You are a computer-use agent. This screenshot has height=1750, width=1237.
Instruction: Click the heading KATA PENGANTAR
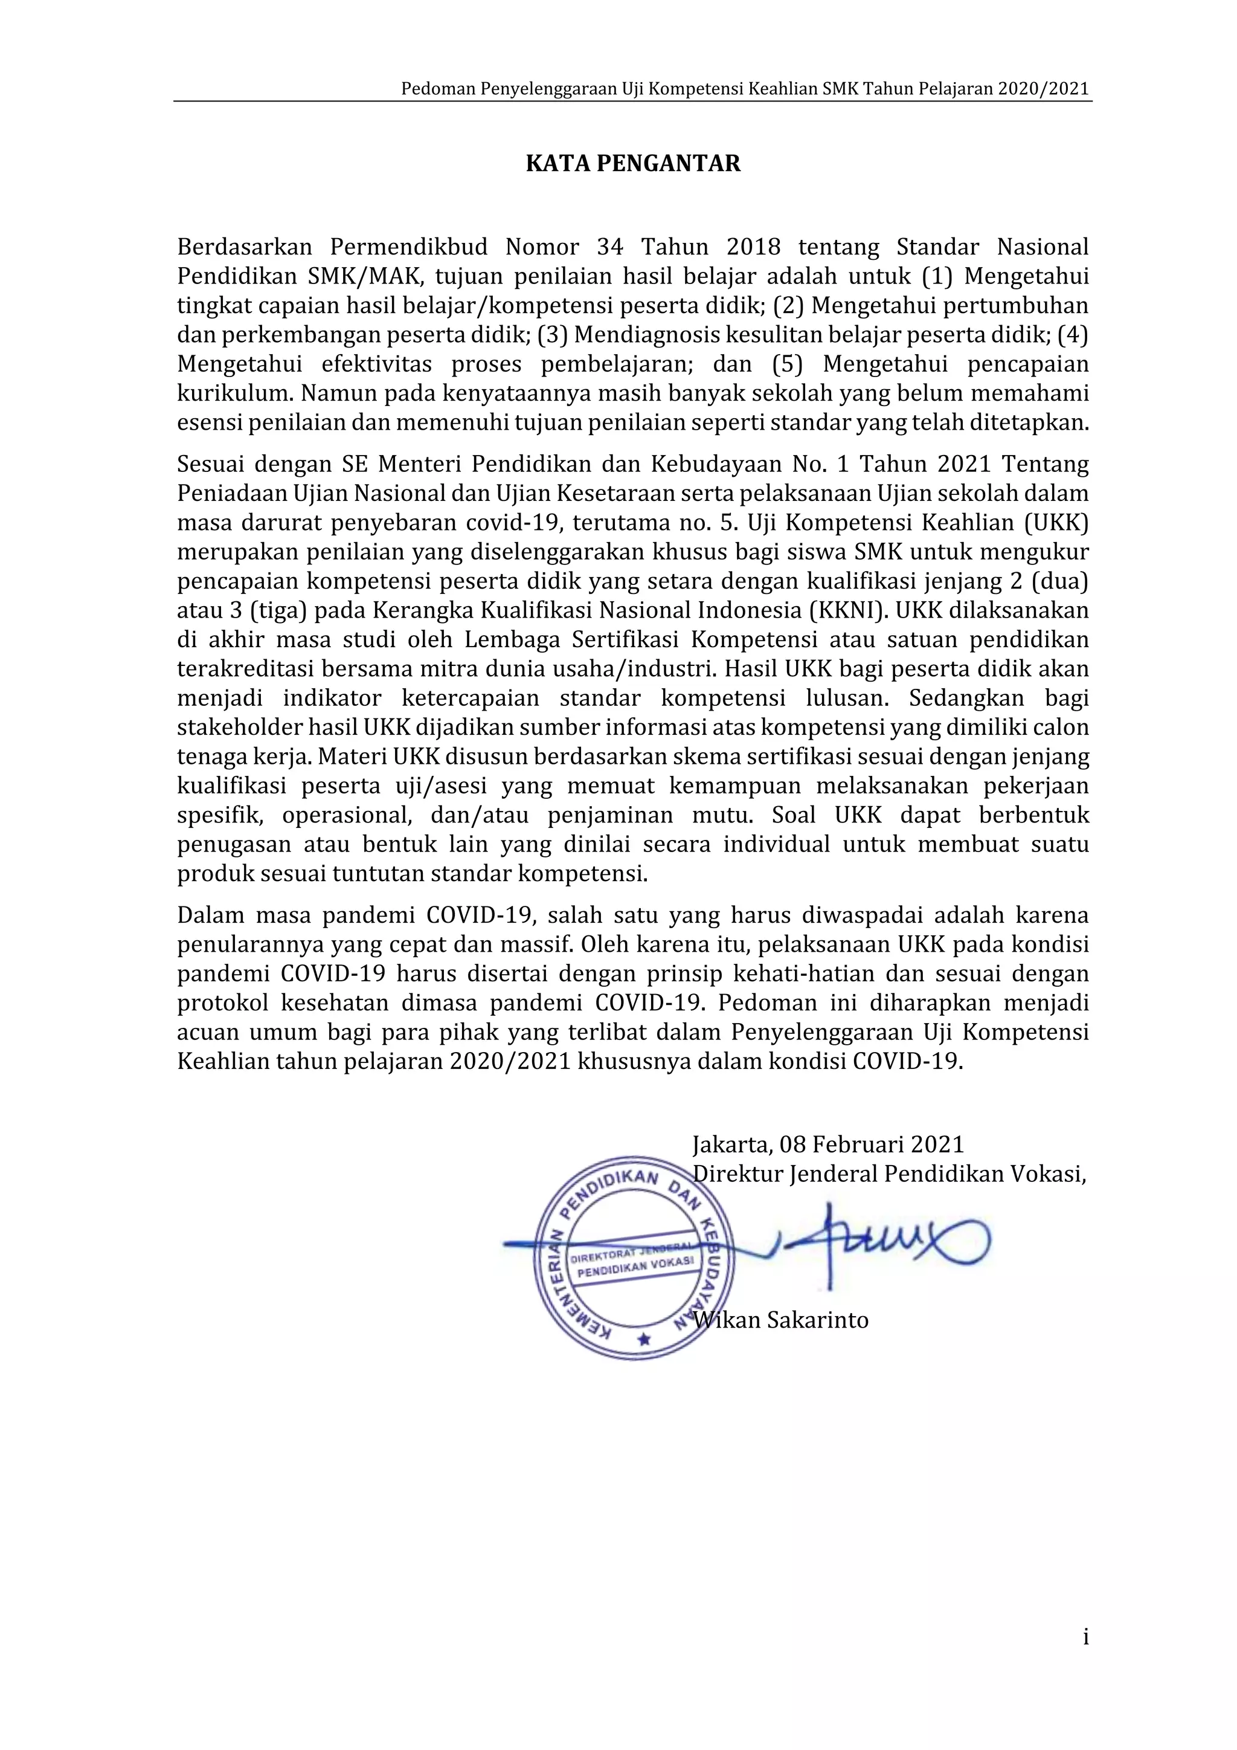click(633, 164)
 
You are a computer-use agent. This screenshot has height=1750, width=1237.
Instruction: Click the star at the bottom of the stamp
click(644, 1338)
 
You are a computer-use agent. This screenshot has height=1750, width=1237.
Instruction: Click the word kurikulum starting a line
click(234, 393)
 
